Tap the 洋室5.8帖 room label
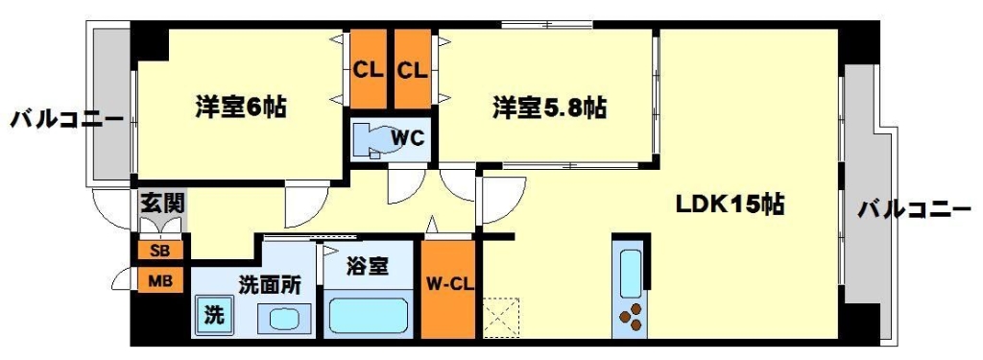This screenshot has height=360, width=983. pos(549,108)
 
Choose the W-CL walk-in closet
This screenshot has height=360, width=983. pos(447,286)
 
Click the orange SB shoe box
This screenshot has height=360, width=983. pos(156,251)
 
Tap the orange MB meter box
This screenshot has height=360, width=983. pos(156,282)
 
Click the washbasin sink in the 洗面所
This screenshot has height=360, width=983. pos(285,318)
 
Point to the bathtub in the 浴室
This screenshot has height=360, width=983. pos(370,315)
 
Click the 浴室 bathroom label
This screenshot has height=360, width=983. pos(369,266)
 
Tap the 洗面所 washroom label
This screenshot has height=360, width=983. pos(270,285)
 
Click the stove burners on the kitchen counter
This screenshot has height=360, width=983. pos(631,316)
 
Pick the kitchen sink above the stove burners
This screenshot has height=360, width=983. pos(631,274)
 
